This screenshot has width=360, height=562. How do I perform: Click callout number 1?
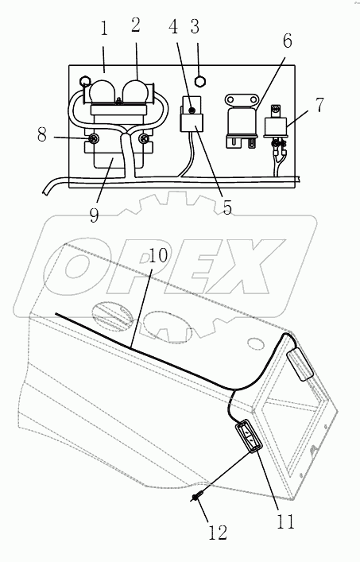click(x=103, y=33)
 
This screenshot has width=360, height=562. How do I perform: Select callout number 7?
click(x=319, y=106)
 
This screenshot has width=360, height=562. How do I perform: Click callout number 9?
click(x=94, y=215)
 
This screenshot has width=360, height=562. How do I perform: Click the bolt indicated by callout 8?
click(x=92, y=140)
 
